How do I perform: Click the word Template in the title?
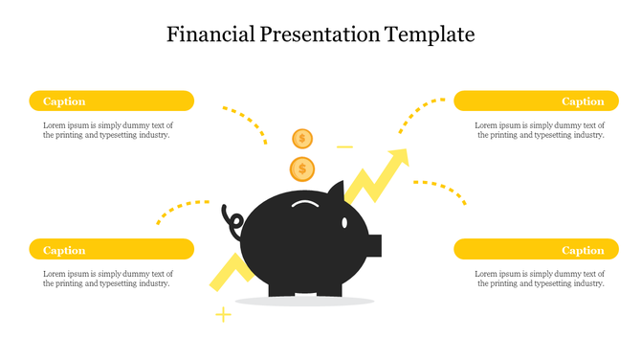point(430,34)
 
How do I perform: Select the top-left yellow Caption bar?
point(112,101)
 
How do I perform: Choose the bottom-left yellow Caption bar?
point(112,250)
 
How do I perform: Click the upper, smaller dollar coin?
point(302,139)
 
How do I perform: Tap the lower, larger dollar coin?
point(302,169)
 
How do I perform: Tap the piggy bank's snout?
point(374,245)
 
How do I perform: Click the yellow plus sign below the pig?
point(223,314)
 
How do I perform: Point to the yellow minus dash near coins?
point(344,147)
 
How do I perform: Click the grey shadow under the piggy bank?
point(304,302)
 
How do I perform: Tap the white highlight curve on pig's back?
point(306,203)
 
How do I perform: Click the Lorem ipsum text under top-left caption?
point(107,130)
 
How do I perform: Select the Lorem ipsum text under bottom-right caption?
point(540,278)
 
